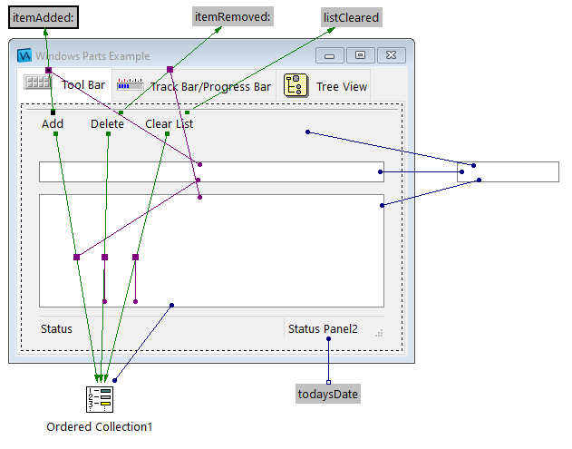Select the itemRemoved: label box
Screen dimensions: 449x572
tap(233, 17)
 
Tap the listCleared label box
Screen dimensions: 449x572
tap(352, 17)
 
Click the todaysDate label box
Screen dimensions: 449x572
tap(328, 394)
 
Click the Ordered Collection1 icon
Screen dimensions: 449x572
tap(99, 399)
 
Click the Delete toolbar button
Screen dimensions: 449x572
tap(107, 124)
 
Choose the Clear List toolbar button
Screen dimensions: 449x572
tap(169, 124)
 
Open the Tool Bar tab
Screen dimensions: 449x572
tap(83, 87)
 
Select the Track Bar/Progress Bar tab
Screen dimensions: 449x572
tap(210, 87)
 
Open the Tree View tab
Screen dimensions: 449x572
tap(341, 87)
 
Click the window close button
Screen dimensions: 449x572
tap(391, 56)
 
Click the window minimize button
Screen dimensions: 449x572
tap(329, 56)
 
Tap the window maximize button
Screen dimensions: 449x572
tap(360, 56)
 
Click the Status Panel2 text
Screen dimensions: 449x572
tap(323, 329)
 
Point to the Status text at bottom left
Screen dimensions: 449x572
tap(56, 329)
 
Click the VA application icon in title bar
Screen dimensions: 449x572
tap(25, 56)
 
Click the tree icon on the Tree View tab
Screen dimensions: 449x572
tap(295, 86)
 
